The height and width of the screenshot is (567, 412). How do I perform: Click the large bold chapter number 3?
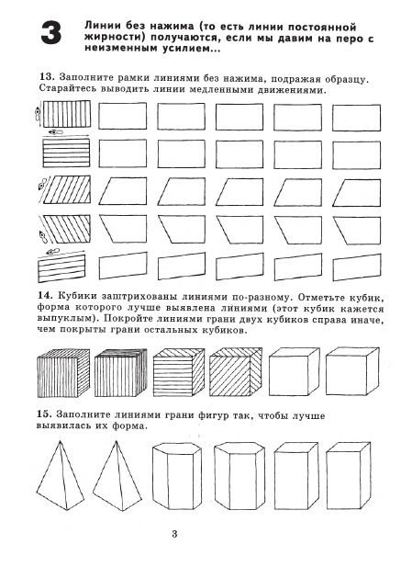[50, 33]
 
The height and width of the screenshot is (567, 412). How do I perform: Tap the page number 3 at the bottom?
[174, 534]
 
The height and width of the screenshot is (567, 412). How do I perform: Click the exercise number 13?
[47, 77]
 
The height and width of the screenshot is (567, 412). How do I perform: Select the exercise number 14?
[45, 295]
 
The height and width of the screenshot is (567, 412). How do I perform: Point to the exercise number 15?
[44, 414]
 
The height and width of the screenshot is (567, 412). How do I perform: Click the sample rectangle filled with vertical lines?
[67, 114]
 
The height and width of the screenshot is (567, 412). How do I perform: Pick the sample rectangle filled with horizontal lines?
[66, 153]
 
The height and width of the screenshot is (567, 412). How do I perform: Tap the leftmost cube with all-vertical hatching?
[63, 373]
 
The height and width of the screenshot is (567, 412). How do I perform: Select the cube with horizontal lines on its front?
[179, 372]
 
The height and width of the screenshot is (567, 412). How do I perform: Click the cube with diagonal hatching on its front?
[236, 372]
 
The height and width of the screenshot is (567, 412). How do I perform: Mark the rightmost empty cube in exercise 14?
[352, 371]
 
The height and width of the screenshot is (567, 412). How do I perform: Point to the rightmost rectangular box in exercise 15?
[348, 475]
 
